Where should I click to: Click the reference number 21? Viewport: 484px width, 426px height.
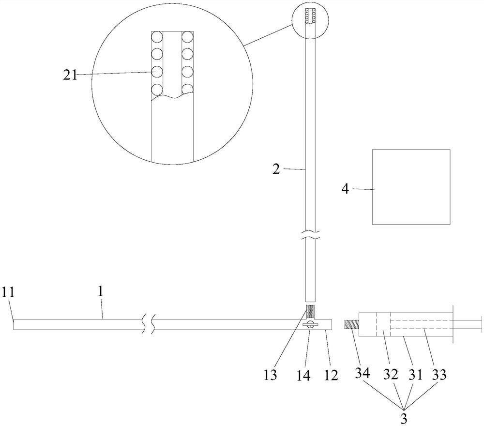click(70, 75)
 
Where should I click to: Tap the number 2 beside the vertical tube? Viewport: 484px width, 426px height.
click(276, 169)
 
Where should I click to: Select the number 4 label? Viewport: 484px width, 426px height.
click(346, 189)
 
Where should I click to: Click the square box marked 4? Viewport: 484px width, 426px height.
click(411, 187)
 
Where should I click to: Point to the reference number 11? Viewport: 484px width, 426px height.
click(8, 292)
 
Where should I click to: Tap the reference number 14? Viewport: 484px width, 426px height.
click(304, 375)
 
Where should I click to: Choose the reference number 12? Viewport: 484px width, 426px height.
click(331, 375)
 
